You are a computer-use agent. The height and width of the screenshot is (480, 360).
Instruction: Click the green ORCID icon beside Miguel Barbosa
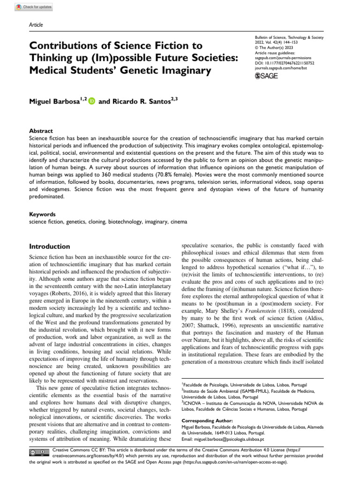click(91, 101)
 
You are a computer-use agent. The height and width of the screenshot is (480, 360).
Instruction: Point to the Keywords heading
click(42, 213)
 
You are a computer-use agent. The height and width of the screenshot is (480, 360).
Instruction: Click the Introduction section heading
click(50, 247)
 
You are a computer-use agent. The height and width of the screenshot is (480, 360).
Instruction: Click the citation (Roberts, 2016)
click(75, 291)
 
